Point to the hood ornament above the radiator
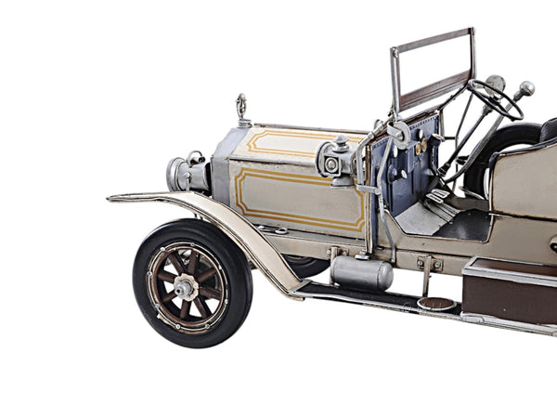(243, 109)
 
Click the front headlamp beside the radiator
(180, 173)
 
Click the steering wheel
(495, 98)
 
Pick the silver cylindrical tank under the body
(361, 273)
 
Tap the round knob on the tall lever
(527, 88)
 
